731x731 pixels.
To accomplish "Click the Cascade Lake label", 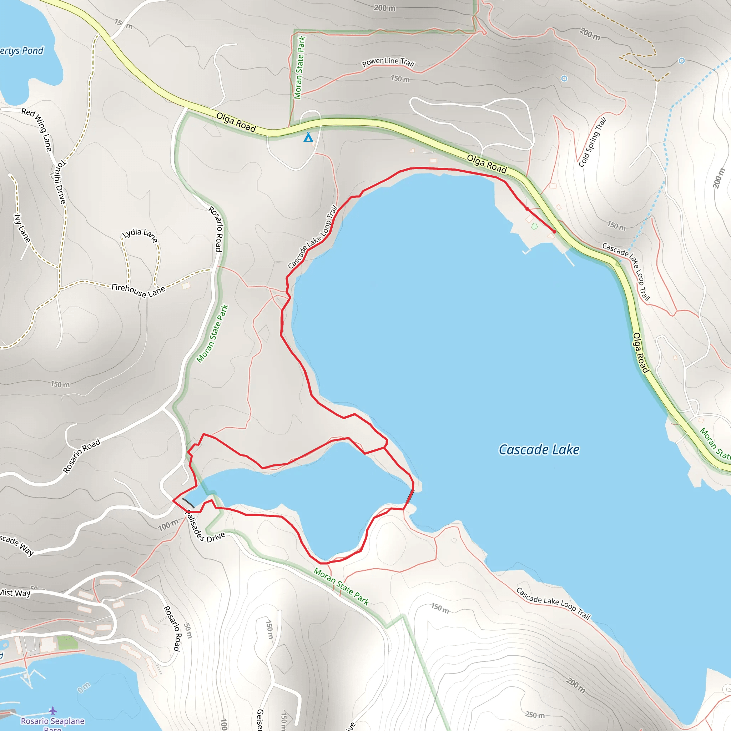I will [539, 449].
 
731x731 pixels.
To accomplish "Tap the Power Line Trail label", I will [388, 62].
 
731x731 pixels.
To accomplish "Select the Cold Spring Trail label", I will [593, 142].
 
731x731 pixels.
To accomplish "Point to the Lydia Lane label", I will [140, 235].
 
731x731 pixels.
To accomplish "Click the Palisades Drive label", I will [205, 528].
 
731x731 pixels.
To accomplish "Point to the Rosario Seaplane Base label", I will [52, 722].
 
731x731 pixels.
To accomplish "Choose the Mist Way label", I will [15, 593].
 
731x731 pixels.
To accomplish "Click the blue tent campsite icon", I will [308, 137].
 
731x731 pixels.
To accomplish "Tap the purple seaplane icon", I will [52, 711].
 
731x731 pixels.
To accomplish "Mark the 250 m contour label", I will [535, 715].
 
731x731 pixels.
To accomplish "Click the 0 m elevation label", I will [84, 687].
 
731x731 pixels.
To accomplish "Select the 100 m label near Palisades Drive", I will [168, 525].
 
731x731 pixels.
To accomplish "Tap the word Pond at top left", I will [32, 51].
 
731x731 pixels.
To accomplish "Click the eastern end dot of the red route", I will [554, 232].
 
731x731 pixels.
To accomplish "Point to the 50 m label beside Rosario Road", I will [188, 631].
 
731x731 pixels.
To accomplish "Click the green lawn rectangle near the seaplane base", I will [67, 642].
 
